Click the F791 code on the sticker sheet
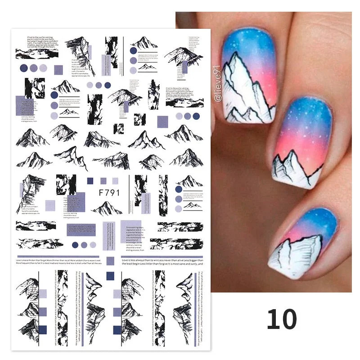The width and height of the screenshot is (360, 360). tap(107, 193)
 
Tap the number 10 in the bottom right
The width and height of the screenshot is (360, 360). tap(282, 319)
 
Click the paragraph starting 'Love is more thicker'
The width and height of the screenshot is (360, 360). tap(58, 262)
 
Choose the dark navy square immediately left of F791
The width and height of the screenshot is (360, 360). tap(90, 180)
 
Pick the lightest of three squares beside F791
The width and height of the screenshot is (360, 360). tap(115, 180)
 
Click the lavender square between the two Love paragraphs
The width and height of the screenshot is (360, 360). tap(110, 261)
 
